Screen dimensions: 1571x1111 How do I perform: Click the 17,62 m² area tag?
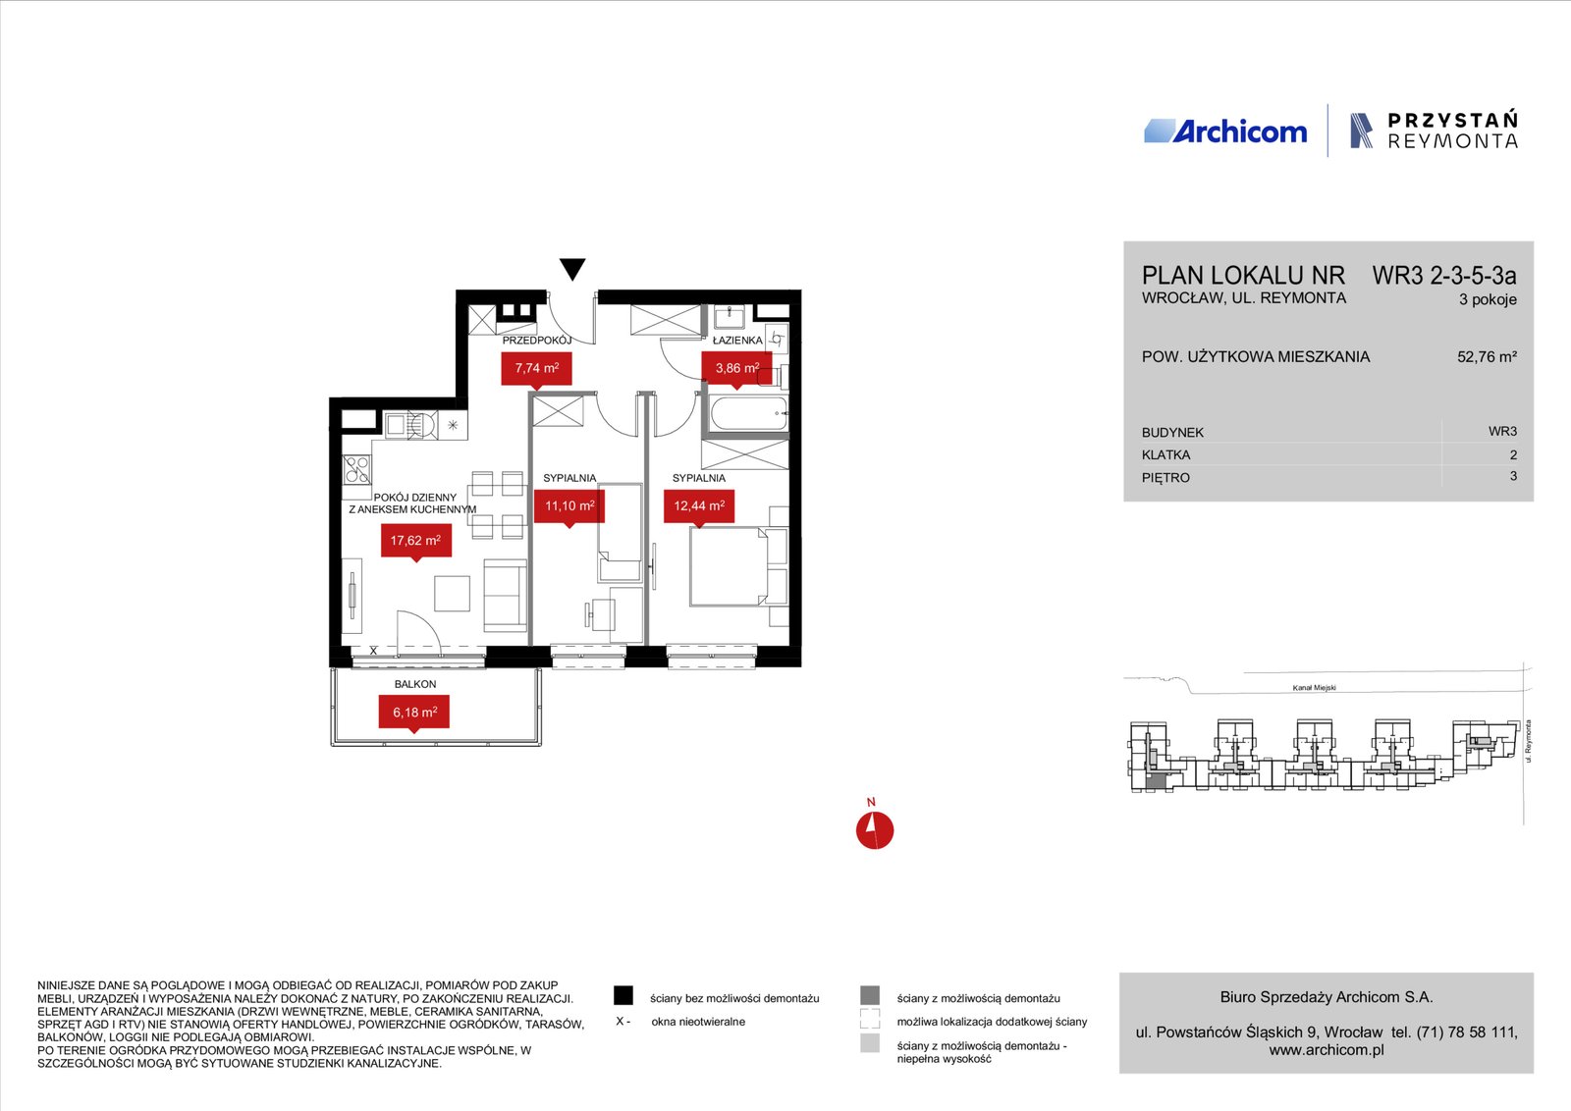tap(416, 541)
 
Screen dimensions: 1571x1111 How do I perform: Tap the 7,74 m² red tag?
tap(536, 369)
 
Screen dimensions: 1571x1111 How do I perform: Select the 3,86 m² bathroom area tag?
tap(737, 369)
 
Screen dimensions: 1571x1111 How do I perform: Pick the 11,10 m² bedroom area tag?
tap(569, 506)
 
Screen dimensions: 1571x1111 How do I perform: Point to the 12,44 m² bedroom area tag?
tap(699, 506)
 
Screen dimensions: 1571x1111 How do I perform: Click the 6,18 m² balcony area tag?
tap(414, 713)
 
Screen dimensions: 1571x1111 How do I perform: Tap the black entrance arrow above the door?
tap(572, 269)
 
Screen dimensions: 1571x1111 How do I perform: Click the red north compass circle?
tap(875, 830)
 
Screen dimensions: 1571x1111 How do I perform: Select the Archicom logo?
tap(1225, 132)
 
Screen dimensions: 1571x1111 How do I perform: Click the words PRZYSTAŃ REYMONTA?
tap(1452, 131)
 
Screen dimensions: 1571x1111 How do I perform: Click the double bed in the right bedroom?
tap(729, 566)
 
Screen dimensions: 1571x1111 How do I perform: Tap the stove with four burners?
tap(356, 470)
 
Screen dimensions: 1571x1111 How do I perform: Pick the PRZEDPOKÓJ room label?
tap(536, 341)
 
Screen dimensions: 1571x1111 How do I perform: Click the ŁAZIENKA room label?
tap(737, 341)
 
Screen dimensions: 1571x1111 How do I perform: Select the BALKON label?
tap(415, 684)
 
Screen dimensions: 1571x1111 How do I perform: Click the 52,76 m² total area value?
tap(1487, 357)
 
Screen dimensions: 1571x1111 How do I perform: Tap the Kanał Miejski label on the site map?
tap(1315, 688)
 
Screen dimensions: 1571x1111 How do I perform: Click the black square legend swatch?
tap(623, 995)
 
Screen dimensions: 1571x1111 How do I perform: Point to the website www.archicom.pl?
tap(1327, 1050)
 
